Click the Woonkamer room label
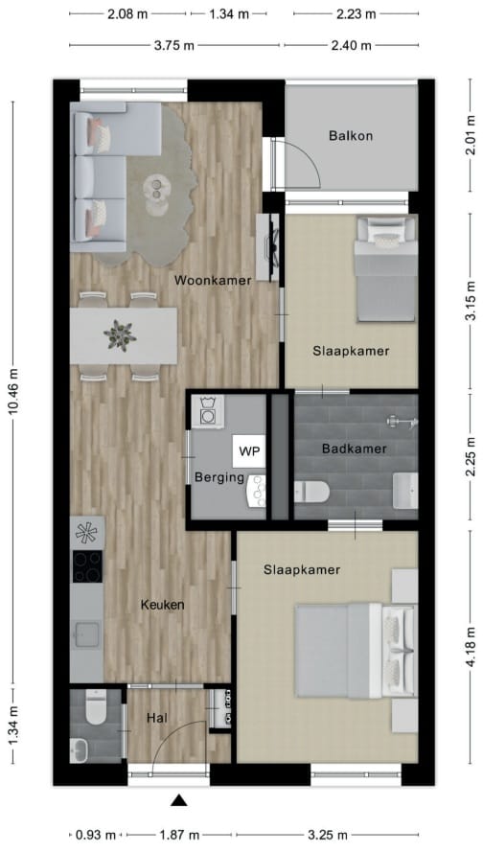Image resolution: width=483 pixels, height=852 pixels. pos(213,280)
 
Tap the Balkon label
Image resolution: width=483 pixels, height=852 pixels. pos(350,136)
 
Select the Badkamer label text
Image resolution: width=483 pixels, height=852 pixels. pos(355,448)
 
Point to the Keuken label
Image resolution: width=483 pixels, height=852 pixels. pos(162,605)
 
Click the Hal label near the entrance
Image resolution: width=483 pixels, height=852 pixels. pos(158,717)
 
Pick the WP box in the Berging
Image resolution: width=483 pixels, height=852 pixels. pos(249,449)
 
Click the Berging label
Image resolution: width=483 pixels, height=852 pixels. pos(219,477)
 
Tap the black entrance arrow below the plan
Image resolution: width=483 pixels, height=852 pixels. pos(179,800)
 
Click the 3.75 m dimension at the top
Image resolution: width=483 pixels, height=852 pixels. pos(175,45)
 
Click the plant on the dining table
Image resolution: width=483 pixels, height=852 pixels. pos(121,334)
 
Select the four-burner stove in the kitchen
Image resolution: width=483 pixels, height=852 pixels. pos(86,565)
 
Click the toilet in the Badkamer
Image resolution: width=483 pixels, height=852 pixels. pos(312,492)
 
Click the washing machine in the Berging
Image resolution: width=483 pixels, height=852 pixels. pos(208,413)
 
